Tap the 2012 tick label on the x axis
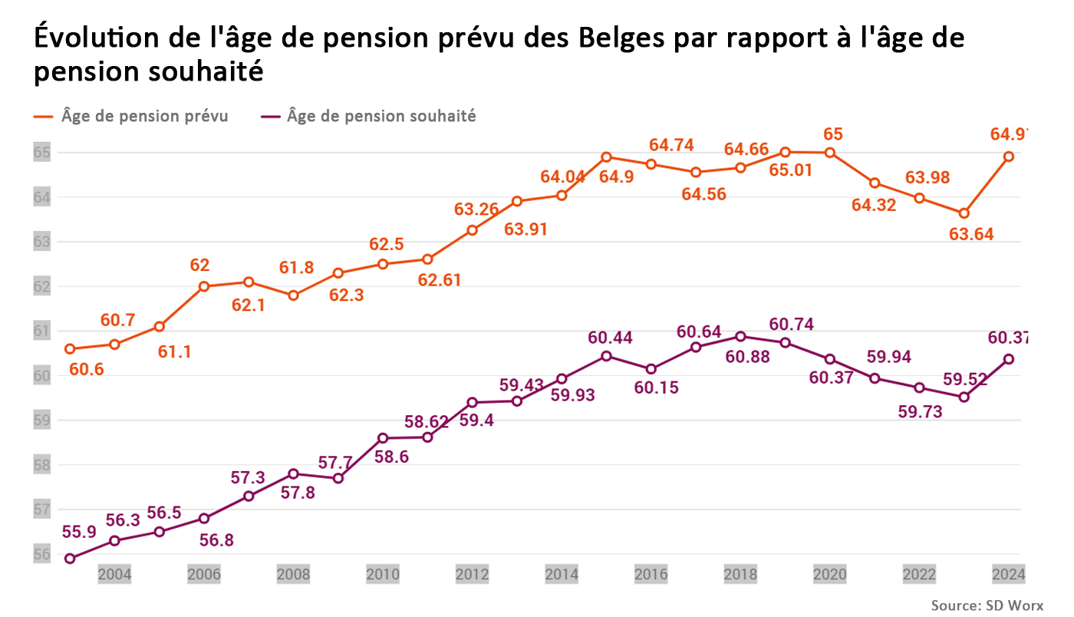click(472, 574)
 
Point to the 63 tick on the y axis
click(41, 242)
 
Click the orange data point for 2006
click(204, 286)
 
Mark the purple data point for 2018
click(740, 336)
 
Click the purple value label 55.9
click(79, 532)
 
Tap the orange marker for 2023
click(964, 213)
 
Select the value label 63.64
click(970, 235)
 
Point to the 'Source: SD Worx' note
click(987, 605)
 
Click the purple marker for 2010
click(383, 438)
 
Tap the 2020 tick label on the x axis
click(829, 574)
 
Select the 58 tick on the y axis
click(41, 464)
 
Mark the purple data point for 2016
click(651, 369)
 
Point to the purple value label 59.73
click(919, 411)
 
